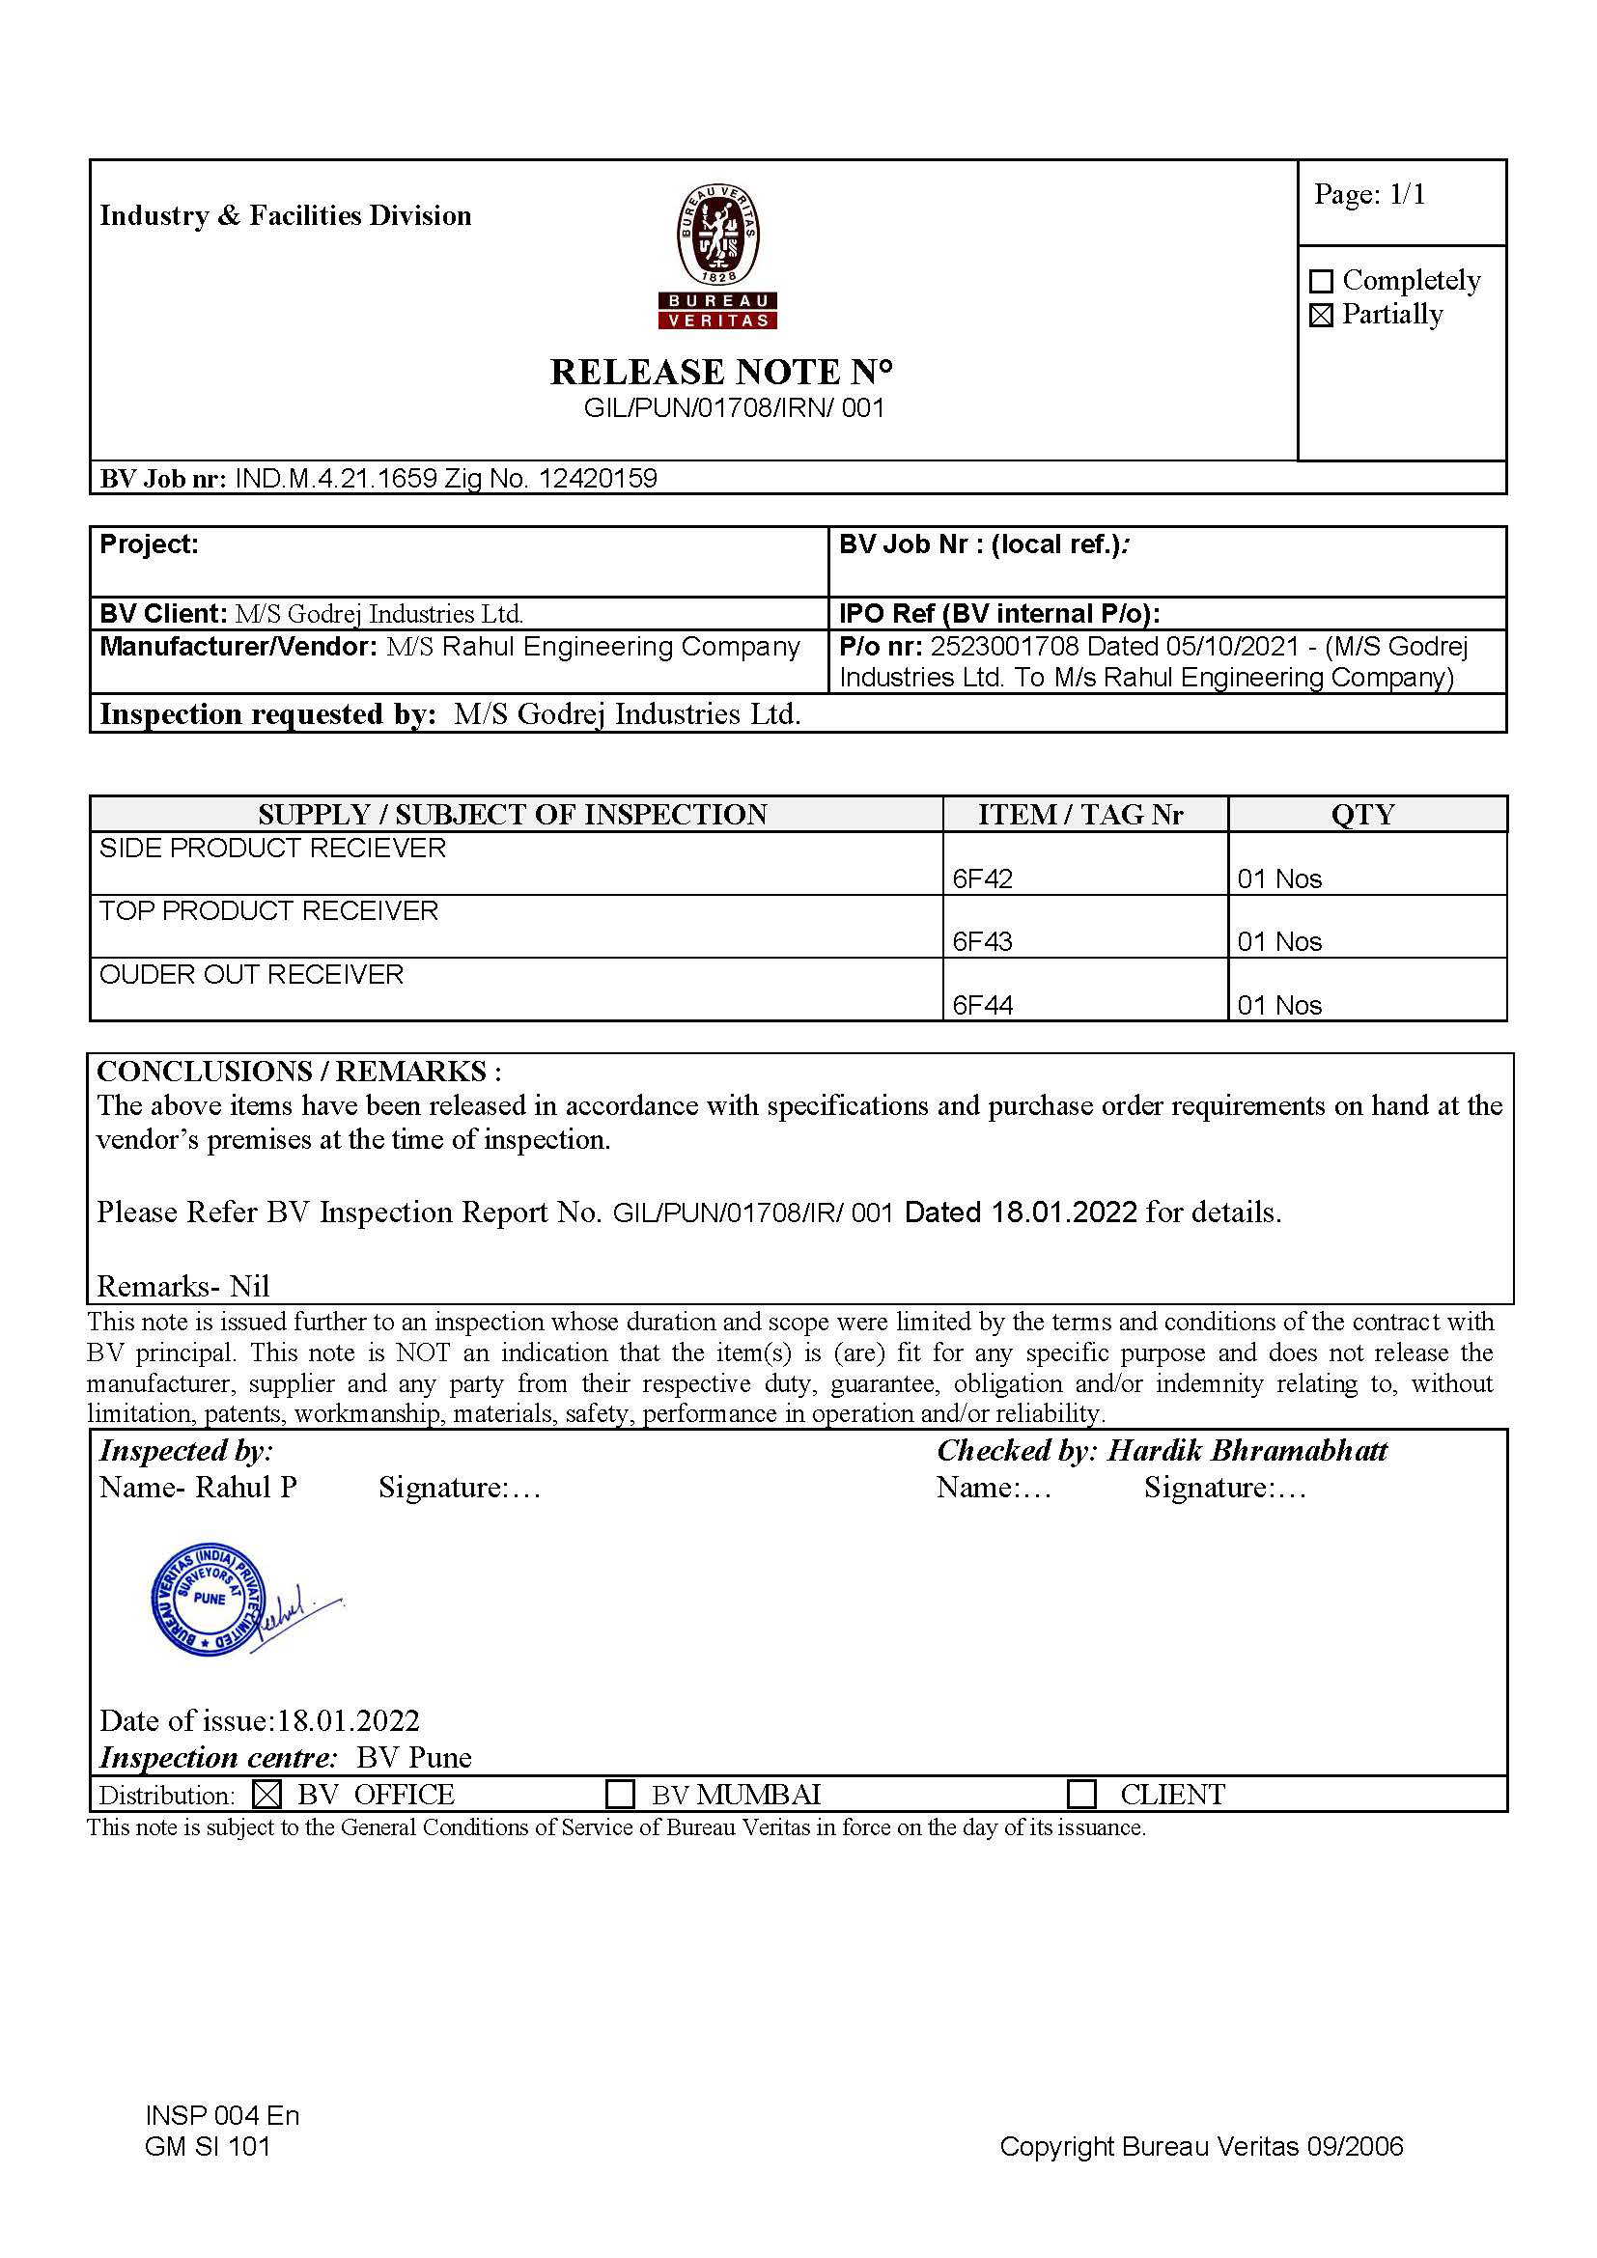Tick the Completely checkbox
coord(1322,282)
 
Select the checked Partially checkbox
coord(1322,316)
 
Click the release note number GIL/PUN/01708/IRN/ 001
coord(734,407)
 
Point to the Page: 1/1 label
coord(1369,195)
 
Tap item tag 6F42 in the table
coord(982,879)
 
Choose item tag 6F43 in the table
coord(982,942)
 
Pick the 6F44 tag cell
coord(982,1005)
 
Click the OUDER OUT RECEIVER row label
coord(252,975)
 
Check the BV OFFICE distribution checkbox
coord(266,1795)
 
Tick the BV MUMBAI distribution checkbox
coord(620,1795)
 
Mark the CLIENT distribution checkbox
coord(1081,1795)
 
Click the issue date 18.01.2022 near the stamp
coord(349,1721)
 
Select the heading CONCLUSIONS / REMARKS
coord(299,1072)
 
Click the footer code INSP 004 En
coord(221,2116)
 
